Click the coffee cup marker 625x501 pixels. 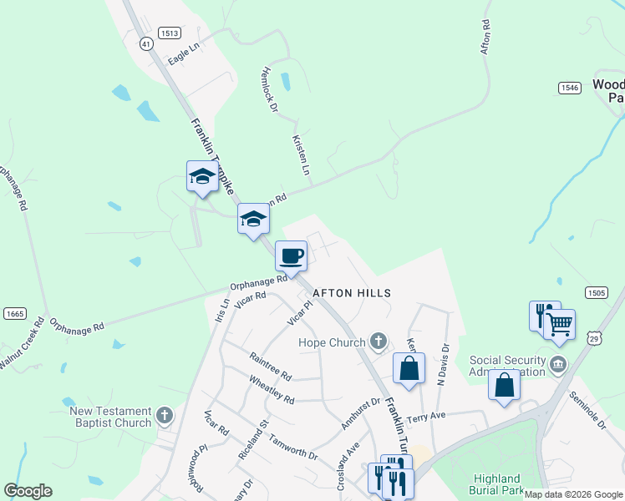pos(291,256)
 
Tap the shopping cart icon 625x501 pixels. pos(559,323)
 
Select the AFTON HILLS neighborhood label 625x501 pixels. pos(352,293)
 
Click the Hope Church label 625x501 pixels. pos(333,342)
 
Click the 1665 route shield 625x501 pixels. pos(14,314)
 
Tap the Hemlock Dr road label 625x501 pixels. pos(269,90)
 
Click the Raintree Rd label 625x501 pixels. pos(270,365)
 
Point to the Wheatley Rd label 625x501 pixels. pos(272,389)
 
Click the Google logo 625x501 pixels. pos(28,491)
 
